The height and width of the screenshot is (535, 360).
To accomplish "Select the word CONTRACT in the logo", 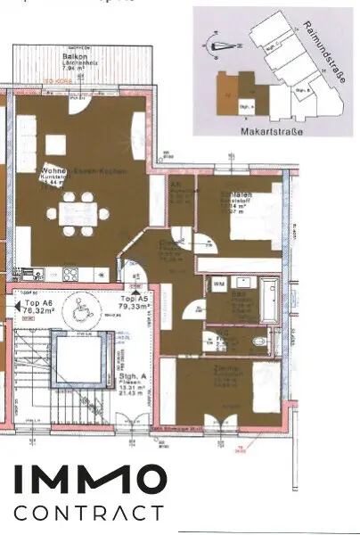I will click(x=89, y=513).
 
